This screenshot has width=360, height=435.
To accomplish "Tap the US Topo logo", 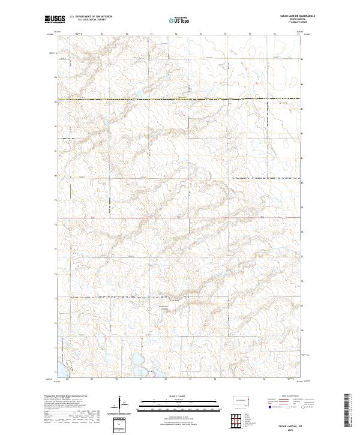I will [179, 20].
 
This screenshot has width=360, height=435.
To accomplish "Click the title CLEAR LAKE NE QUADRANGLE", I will [298, 16].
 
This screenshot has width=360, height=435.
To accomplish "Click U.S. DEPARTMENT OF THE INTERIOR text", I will [91, 17].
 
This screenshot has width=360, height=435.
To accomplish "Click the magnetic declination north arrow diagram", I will [120, 402].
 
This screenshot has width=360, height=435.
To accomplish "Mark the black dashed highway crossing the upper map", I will [180, 98].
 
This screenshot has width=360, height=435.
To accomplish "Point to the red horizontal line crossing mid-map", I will [180, 217].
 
